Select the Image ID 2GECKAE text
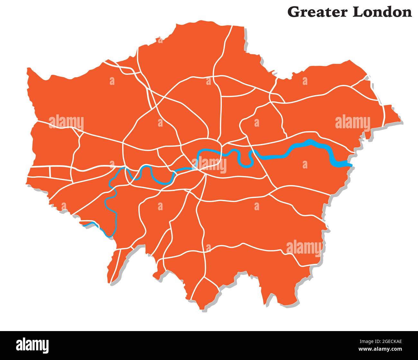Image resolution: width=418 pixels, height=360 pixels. pos(384,342)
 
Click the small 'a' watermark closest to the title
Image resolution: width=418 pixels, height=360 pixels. pos(305,81)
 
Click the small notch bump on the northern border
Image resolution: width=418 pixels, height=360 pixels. pos(160,40)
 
